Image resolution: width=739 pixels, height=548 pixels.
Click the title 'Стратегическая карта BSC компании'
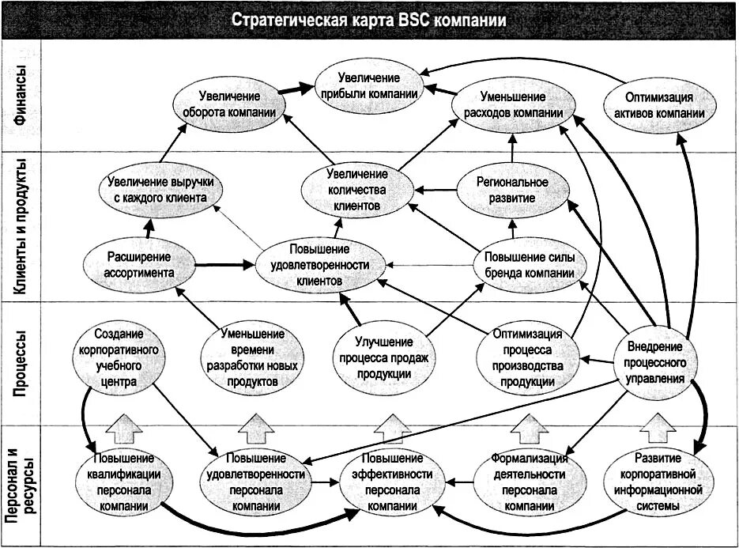pos(369,19)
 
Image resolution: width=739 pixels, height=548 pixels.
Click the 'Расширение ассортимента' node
pos(139,264)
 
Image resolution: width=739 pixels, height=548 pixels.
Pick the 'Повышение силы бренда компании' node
pos(530,266)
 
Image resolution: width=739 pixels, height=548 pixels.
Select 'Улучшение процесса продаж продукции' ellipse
pos(383,358)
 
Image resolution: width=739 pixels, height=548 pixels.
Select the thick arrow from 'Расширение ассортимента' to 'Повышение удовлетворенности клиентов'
pos(224,264)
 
